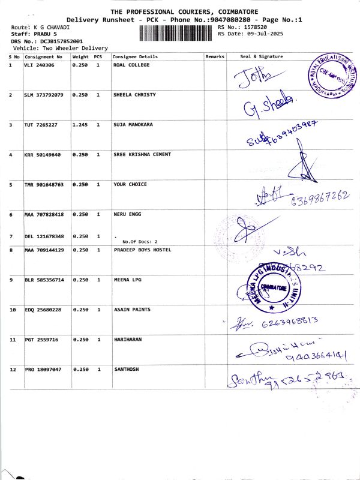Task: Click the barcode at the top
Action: click(177, 33)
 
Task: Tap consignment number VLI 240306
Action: click(39, 64)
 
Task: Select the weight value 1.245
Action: click(80, 124)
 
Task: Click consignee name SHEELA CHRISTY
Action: click(133, 95)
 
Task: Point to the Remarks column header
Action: click(215, 56)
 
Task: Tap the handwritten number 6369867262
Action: click(319, 198)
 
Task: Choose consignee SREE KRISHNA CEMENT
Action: click(142, 154)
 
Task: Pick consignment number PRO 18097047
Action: click(43, 370)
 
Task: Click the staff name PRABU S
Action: click(39, 34)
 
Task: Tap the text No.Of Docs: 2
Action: click(139, 241)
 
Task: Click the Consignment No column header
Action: click(43, 56)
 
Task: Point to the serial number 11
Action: click(13, 340)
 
